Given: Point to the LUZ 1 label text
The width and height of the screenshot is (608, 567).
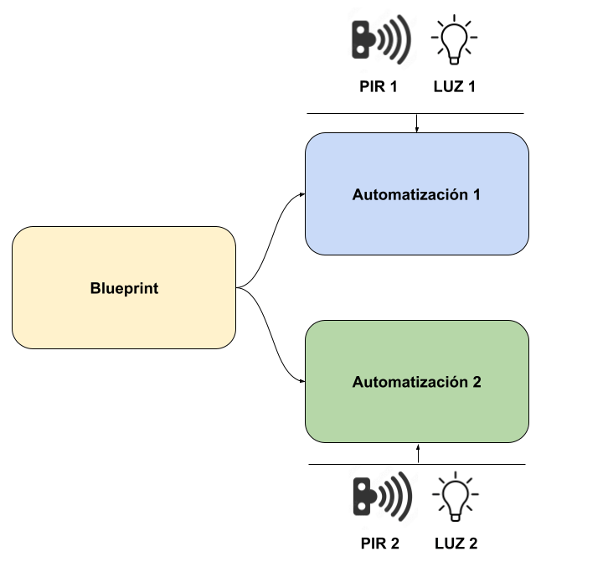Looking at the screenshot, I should tap(456, 85).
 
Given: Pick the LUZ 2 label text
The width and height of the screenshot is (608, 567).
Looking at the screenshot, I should tap(456, 544).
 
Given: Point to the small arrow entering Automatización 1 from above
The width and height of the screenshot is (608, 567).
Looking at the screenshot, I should tap(417, 123).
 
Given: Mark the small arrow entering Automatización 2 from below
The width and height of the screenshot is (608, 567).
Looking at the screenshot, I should tap(417, 453).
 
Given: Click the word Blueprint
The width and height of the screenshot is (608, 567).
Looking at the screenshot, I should tap(124, 289).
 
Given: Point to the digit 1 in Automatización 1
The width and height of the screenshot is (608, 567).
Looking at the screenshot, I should tap(477, 195).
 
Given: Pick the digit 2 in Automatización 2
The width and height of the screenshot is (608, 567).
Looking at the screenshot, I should tap(477, 383).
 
